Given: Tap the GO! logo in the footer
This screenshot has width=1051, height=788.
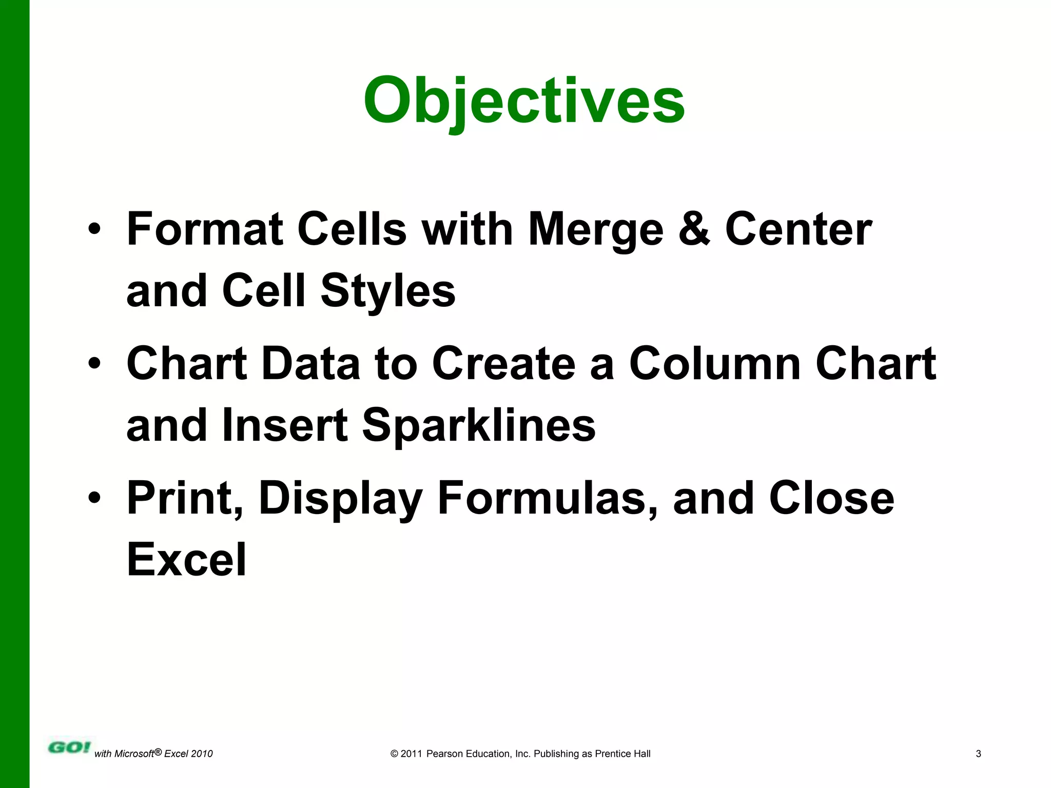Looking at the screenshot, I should tap(69, 747).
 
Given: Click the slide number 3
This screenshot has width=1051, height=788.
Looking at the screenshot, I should tap(978, 754).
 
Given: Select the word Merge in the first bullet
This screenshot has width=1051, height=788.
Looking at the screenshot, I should tap(596, 229).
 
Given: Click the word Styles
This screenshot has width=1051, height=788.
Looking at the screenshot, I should tap(388, 291).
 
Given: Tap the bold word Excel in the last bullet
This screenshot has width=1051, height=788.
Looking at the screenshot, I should tap(186, 559).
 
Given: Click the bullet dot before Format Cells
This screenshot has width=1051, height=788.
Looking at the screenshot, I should tap(94, 229).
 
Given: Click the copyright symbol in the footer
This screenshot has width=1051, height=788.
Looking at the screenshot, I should tap(394, 754).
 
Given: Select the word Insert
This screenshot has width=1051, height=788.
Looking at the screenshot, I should tap(285, 426).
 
